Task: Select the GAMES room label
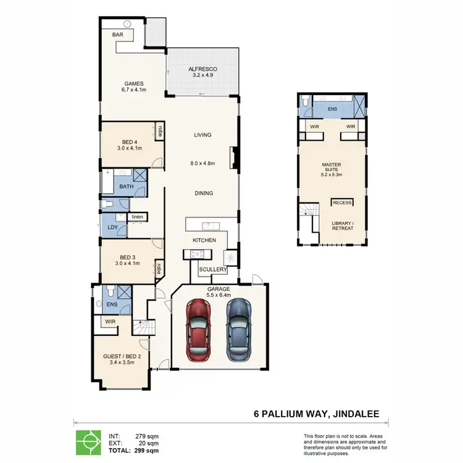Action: [x=134, y=83]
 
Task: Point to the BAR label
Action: [x=117, y=35]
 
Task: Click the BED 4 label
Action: [x=130, y=141]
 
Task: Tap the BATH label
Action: [x=126, y=186]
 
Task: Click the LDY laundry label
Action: [x=112, y=227]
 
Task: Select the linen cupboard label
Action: [x=136, y=217]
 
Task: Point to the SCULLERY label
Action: [x=213, y=270]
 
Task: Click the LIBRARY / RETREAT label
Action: [x=343, y=225]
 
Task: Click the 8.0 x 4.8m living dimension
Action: [x=203, y=164]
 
